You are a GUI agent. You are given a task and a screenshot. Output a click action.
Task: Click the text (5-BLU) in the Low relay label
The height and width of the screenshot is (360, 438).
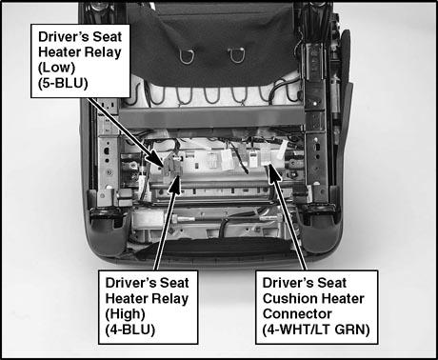coord(63,83)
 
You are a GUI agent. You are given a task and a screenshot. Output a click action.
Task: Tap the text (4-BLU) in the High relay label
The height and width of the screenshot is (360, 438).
coord(130,330)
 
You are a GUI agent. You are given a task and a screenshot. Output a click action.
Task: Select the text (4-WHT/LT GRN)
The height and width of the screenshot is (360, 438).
coord(316,330)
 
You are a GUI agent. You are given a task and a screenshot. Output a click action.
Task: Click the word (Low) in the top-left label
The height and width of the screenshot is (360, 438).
coord(57,68)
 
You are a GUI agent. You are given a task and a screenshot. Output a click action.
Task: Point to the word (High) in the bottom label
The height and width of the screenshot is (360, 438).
coord(125,314)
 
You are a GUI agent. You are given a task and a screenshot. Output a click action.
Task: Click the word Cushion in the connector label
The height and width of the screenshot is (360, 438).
coord(289,298)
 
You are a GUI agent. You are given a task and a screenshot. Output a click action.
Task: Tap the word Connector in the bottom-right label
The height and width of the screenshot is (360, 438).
coord(297,314)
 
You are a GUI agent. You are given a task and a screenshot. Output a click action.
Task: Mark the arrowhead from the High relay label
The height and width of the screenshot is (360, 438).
coord(174,185)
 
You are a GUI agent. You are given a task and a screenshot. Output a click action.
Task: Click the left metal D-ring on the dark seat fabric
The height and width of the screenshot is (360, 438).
coord(186,56)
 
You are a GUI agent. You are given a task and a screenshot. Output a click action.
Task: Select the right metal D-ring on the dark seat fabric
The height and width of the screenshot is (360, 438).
coord(236,55)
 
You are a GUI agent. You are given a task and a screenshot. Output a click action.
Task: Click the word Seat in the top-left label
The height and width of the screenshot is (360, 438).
coord(107,36)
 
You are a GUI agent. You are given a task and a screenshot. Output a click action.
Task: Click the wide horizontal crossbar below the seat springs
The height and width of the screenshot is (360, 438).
coord(211,117)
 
